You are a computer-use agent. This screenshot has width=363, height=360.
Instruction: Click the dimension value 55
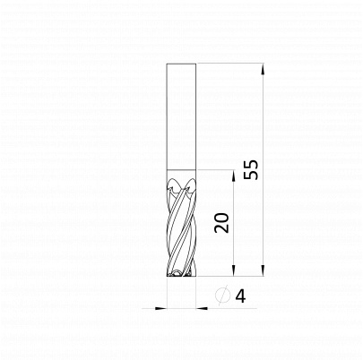point(250,169)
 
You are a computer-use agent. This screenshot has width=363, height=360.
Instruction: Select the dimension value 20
point(221,223)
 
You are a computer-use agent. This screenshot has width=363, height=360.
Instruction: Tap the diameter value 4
point(240,296)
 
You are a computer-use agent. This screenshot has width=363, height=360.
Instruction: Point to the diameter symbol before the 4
point(223,296)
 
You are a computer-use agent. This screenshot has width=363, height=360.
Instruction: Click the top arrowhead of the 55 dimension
point(263,69)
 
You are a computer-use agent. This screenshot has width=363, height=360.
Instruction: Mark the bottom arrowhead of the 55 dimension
point(263,270)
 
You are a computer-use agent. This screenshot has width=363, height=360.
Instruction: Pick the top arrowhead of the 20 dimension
point(234,176)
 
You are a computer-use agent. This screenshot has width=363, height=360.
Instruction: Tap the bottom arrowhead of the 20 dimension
point(234,270)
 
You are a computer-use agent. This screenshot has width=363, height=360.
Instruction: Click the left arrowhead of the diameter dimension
point(160,308)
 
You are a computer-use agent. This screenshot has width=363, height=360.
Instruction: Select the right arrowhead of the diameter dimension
point(202,308)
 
